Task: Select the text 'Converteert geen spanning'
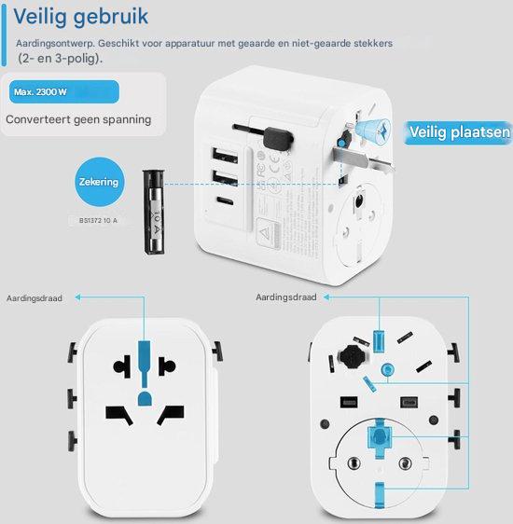click(78, 120)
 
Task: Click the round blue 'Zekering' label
click(99, 182)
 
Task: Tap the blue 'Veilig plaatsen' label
click(459, 133)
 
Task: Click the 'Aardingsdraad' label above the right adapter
click(286, 297)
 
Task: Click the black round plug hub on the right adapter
click(349, 358)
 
